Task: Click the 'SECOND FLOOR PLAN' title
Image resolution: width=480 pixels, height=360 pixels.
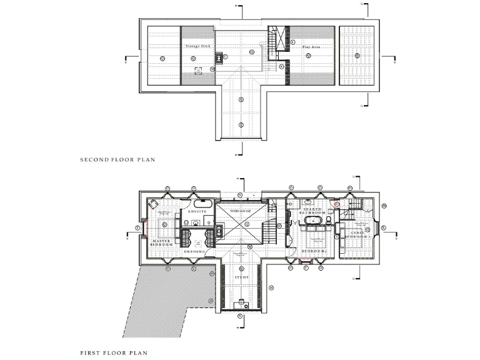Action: click(117, 160)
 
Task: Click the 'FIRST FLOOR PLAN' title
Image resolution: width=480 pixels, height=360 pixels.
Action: click(114, 353)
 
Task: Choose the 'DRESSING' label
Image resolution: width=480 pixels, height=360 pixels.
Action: click(195, 251)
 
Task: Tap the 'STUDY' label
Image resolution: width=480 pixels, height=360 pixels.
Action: click(241, 276)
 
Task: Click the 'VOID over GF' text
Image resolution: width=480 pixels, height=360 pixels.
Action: click(239, 212)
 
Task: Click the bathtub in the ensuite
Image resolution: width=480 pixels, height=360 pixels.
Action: click(202, 204)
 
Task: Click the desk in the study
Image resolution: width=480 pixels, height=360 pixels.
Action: click(241, 304)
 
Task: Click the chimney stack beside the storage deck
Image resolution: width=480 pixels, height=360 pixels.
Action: click(219, 58)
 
